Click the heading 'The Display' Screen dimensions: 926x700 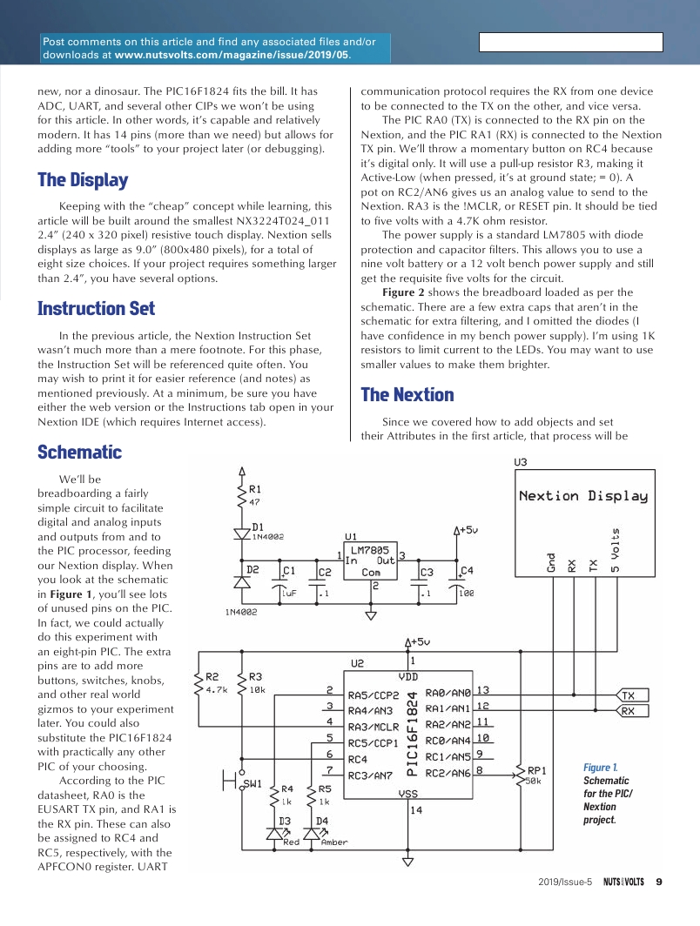83,180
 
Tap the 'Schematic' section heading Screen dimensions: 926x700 79,452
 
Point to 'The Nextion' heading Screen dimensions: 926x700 407,394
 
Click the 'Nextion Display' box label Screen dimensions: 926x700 583,496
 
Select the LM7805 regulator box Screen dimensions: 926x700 371,561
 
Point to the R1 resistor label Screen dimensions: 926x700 255,489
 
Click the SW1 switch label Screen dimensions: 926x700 253,784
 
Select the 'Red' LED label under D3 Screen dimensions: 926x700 291,842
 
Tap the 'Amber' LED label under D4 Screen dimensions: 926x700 334,842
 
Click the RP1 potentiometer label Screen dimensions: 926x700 537,769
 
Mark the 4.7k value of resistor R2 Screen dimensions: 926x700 217,689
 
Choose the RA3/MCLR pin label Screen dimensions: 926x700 374,727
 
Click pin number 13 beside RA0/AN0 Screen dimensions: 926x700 483,690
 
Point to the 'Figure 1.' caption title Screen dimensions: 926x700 600,767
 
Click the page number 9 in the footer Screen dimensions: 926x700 659,881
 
